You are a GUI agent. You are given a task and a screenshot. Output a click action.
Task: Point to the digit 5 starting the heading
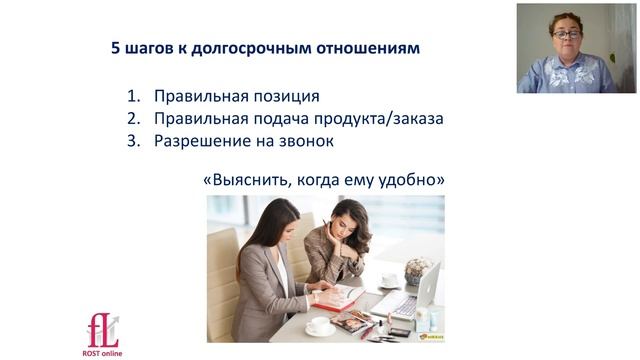click(116, 48)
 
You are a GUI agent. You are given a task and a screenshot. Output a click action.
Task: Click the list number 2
click(132, 119)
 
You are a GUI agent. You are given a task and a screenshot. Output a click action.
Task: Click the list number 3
click(132, 141)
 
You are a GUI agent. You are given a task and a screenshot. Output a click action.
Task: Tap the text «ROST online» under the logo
click(102, 353)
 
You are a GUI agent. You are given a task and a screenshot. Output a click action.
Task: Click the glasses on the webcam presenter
click(567, 35)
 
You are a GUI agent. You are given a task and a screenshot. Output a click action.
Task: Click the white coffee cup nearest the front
click(319, 326)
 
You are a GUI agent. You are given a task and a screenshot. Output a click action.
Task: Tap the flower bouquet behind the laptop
click(418, 268)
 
